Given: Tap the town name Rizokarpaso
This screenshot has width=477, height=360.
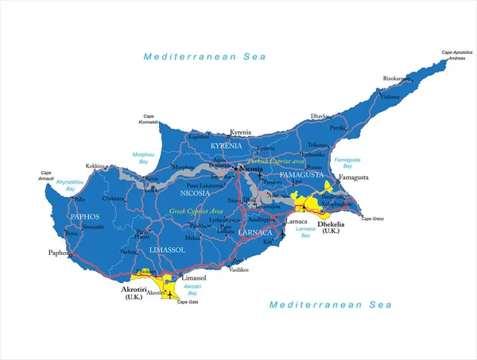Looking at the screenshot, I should (x=398, y=78).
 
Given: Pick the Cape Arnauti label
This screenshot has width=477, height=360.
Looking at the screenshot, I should (x=46, y=176).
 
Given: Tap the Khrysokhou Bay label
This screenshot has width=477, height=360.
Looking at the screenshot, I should (x=70, y=185).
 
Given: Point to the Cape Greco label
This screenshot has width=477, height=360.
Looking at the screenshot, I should (x=372, y=219).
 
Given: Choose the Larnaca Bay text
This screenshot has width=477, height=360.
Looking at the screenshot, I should (x=305, y=231).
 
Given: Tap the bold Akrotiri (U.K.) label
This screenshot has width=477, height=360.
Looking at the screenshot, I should (x=133, y=293).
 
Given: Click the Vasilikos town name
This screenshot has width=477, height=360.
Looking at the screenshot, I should (x=239, y=270).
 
